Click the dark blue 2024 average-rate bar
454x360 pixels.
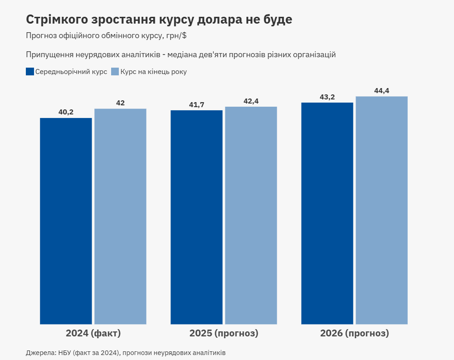[x=66, y=221]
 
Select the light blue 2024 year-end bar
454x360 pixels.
[x=120, y=217]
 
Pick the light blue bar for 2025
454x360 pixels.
[x=251, y=216]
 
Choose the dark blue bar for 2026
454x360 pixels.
[x=327, y=213]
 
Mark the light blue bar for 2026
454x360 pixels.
[x=381, y=210]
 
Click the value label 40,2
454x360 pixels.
[x=66, y=112]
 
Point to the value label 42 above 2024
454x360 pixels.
[x=120, y=103]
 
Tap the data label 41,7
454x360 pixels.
[x=196, y=105]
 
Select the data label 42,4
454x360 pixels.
[x=251, y=101]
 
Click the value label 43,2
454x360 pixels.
[x=327, y=97]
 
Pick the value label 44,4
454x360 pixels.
[x=381, y=91]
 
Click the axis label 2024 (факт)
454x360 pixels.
[x=93, y=334]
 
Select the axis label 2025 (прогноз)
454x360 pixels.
[x=224, y=334]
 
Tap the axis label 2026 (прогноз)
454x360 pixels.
[x=354, y=334]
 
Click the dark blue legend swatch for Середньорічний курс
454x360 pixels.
[x=30, y=71]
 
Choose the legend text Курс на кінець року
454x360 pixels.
[x=153, y=72]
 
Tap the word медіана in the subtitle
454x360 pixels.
[x=183, y=54]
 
